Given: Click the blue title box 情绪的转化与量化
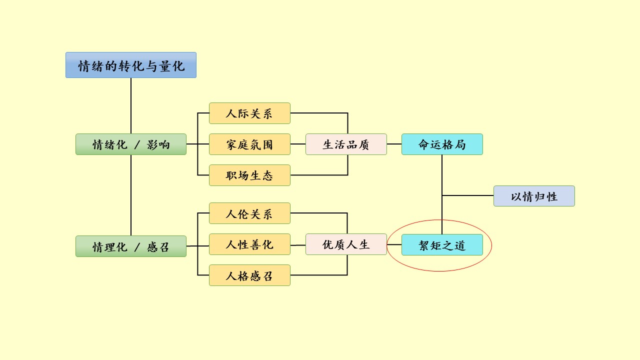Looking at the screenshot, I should point(130,65).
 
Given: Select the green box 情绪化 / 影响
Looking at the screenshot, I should point(130,144).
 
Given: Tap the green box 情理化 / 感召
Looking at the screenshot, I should point(130,246).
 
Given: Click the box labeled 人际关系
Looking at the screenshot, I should point(249,113).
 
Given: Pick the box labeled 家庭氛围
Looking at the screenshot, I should point(249,144).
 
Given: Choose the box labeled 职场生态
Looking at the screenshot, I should point(249,175).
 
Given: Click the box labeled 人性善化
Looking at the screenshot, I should point(249,244).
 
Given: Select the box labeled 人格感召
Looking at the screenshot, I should point(249,275).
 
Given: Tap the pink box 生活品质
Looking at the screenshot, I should point(346,144).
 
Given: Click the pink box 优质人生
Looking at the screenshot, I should point(346,244).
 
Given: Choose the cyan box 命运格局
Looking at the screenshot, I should point(442,144).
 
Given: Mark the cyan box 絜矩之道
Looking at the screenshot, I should point(442,244).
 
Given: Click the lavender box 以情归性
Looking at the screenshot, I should point(534,196).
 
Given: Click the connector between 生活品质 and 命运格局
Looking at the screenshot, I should point(394,144).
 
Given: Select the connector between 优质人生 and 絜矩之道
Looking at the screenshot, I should point(394,244).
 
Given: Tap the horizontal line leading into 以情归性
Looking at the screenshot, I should point(467,195).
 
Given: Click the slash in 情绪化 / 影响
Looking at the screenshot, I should point(138,145).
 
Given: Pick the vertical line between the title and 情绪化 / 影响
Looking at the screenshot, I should point(131,105).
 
